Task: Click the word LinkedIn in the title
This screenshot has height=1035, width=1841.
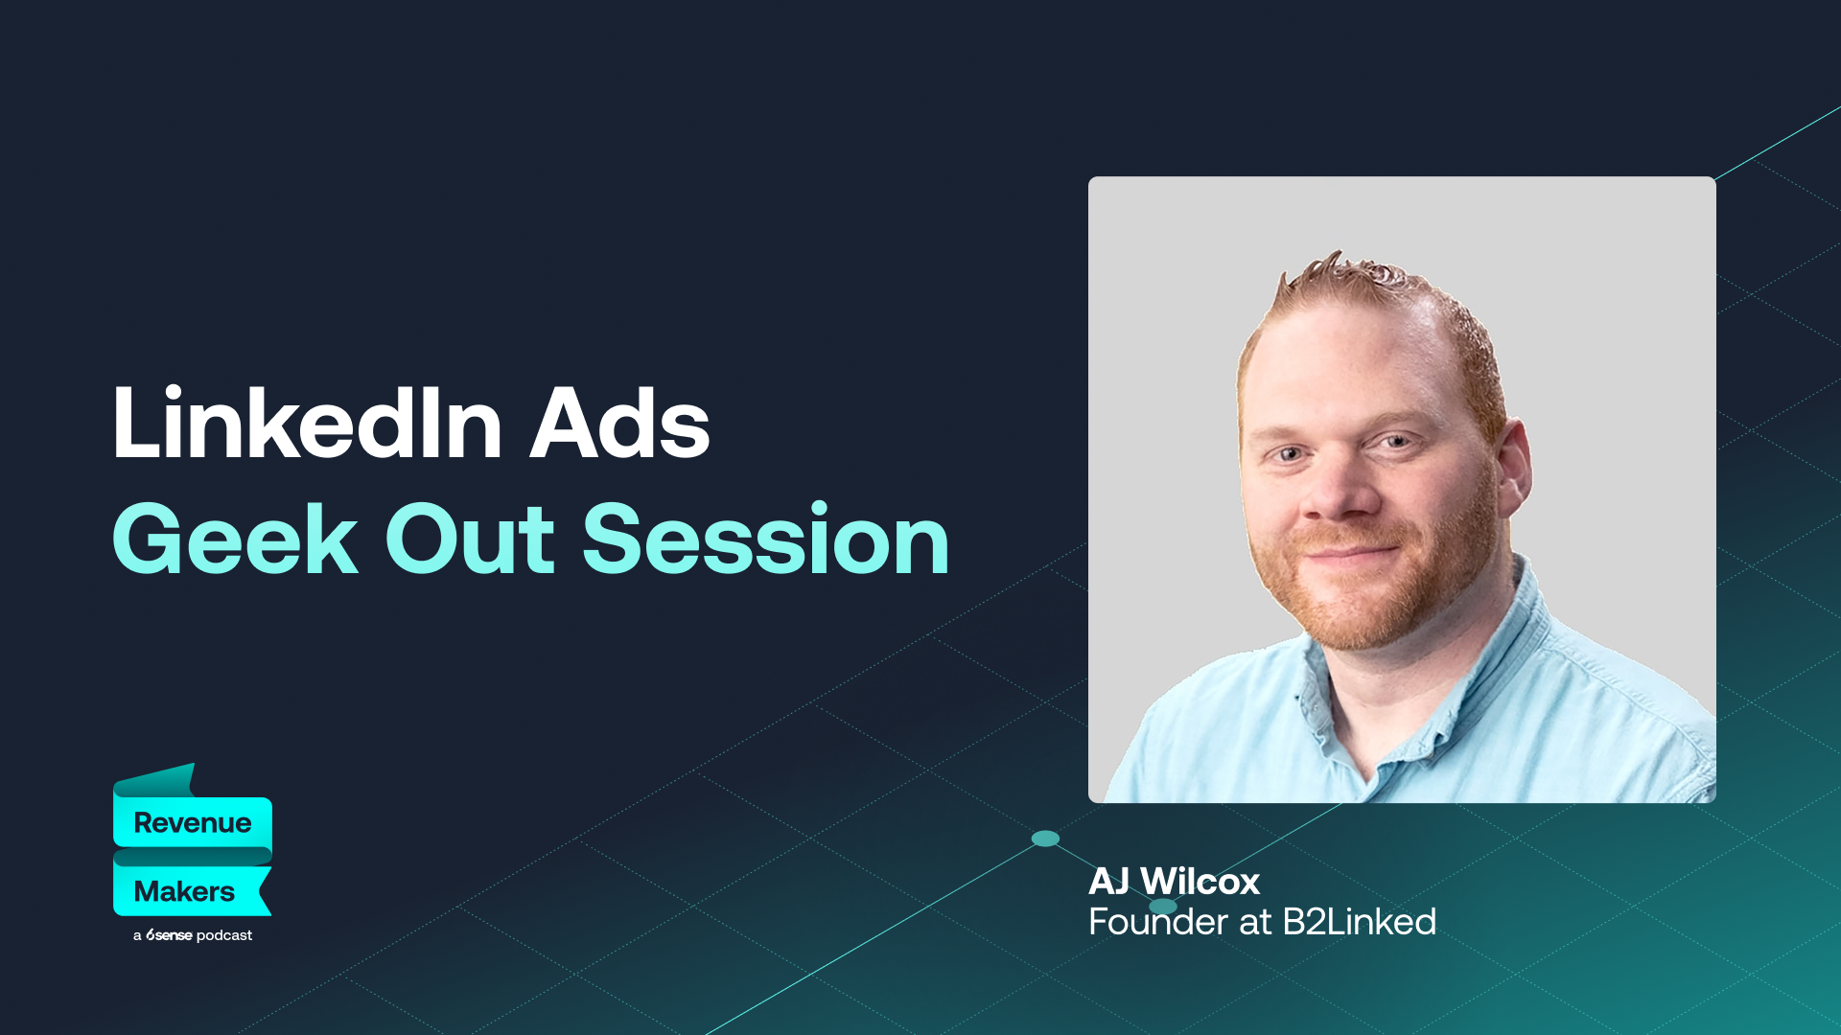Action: pos(307,425)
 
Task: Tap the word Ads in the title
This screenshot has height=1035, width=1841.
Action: pos(620,425)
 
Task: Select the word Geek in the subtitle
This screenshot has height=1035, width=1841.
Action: pos(236,540)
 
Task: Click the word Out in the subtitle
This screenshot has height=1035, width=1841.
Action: pos(470,540)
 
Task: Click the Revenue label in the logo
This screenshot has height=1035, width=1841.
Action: pos(193,822)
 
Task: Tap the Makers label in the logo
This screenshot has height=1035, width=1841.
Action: pos(184,891)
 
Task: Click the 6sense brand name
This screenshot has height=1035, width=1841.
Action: pos(169,935)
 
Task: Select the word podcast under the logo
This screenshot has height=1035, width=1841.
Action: pos(224,935)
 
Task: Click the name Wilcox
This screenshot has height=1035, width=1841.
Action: pos(1200,882)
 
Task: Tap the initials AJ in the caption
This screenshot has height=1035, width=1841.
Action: pos(1109,882)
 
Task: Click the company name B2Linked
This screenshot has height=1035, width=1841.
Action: pos(1359,922)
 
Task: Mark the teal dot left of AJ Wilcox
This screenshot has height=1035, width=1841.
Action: pos(1045,839)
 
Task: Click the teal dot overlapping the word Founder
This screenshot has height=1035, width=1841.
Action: pos(1163,907)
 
